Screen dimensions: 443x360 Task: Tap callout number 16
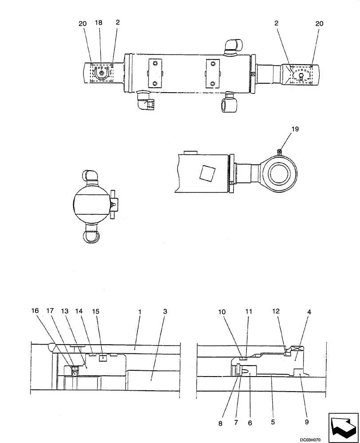click(x=35, y=312)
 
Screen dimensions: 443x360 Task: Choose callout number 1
click(x=140, y=312)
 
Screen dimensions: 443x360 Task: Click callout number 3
click(x=165, y=312)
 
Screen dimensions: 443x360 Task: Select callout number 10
click(x=222, y=312)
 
